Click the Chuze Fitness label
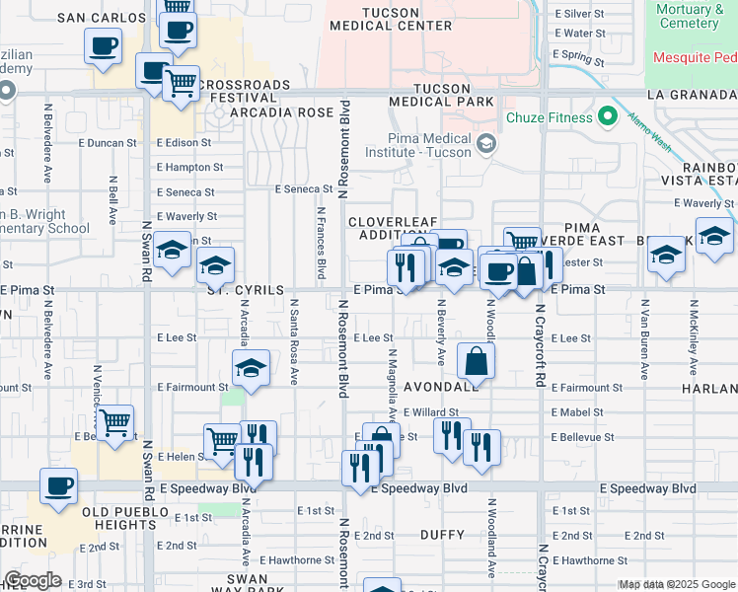[x=550, y=118]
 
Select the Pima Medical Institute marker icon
[x=485, y=145]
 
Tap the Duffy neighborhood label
[x=441, y=535]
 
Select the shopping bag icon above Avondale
[x=477, y=362]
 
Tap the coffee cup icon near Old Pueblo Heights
[x=58, y=486]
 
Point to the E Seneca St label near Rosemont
[x=304, y=188]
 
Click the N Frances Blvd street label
[x=321, y=242]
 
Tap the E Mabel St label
[x=578, y=412]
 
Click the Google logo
[x=33, y=580]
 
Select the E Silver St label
[x=579, y=14]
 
